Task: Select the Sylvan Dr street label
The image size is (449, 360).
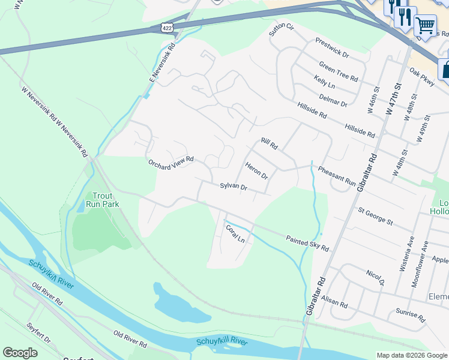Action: point(234,187)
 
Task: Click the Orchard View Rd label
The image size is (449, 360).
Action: point(171,161)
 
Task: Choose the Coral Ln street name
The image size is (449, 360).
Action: point(235,233)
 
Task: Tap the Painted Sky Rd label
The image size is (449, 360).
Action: point(307,243)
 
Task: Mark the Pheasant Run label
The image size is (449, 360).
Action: point(337,175)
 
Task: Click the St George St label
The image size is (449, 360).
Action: point(375,217)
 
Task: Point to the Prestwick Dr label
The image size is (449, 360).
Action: point(332,47)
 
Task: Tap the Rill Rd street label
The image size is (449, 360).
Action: point(269,144)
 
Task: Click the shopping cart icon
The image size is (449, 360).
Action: point(425,25)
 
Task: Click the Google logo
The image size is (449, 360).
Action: point(20,352)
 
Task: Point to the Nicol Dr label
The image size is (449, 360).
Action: point(375,277)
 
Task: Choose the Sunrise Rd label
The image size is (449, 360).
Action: point(410,314)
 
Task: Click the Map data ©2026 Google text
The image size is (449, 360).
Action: point(411,355)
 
